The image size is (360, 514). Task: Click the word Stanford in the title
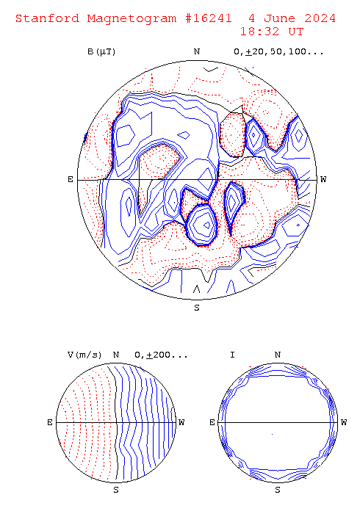(48, 18)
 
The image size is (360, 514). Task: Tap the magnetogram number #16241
(208, 18)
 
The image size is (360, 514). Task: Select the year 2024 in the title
(320, 18)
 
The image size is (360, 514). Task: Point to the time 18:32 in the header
(260, 32)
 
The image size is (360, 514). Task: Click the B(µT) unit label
(101, 52)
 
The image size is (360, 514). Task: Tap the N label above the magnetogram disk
(197, 52)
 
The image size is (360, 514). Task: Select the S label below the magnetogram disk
(197, 308)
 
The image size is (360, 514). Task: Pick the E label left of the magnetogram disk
(71, 179)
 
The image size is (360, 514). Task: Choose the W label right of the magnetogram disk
(323, 179)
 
